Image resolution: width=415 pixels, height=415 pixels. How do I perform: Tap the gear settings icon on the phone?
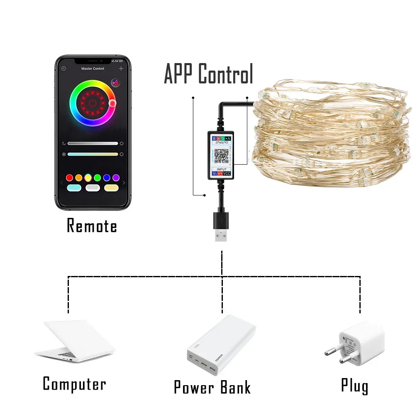tap(63, 68)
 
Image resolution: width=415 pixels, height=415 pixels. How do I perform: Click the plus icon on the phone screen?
tap(121, 68)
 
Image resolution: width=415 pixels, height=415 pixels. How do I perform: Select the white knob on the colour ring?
tap(112, 103)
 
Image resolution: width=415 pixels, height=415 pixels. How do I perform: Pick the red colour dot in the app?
tap(69, 178)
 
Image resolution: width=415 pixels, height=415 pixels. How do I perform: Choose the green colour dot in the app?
tap(98, 178)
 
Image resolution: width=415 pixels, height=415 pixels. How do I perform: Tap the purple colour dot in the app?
tap(116, 178)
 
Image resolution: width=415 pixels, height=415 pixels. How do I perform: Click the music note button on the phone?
tap(116, 83)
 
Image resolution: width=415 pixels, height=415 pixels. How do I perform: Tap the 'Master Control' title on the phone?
tap(93, 68)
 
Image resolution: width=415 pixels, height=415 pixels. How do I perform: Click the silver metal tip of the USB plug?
tap(221, 235)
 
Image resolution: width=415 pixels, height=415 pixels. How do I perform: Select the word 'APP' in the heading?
tap(179, 75)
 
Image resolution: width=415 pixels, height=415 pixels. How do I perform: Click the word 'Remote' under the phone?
tap(92, 226)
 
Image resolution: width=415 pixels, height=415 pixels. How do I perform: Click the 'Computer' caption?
tap(74, 384)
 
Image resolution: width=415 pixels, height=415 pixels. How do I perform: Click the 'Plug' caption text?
tap(354, 386)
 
